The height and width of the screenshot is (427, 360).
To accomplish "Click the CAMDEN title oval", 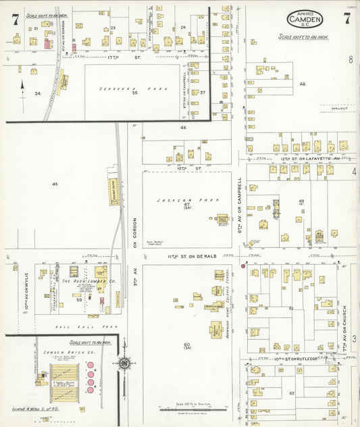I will [305, 19].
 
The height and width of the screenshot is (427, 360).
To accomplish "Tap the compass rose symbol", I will [124, 363].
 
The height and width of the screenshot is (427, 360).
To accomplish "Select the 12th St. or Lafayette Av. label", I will [308, 157].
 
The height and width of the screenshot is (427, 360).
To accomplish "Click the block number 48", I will [303, 84].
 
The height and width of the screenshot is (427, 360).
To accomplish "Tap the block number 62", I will [292, 393].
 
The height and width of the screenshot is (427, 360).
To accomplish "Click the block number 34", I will [38, 93].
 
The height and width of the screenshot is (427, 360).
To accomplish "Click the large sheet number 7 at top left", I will [14, 18].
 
